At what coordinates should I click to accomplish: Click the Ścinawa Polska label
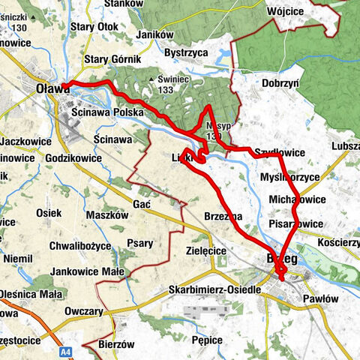[106, 112]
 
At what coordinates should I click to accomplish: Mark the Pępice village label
[206, 340]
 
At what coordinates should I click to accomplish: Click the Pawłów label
[324, 298]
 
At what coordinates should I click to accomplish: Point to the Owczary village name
[84, 309]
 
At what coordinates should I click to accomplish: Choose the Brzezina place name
[223, 216]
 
